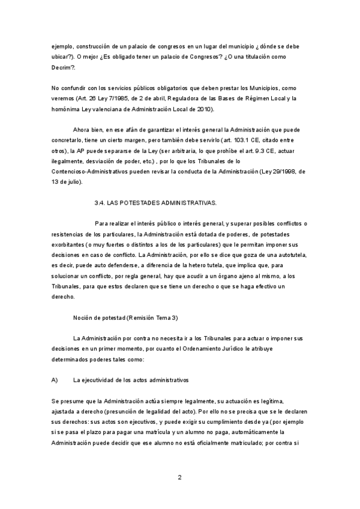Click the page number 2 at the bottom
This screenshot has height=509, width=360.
coord(179,477)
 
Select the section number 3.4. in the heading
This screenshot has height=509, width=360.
coord(100,203)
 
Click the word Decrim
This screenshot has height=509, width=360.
coord(62,68)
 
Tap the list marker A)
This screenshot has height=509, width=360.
coord(54,380)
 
